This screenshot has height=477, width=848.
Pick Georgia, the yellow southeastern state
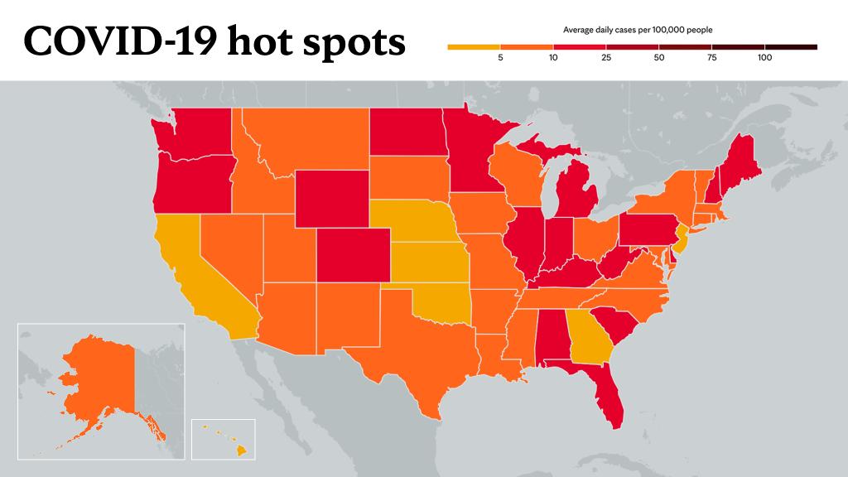[x=589, y=336]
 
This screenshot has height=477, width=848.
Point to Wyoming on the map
[x=332, y=199]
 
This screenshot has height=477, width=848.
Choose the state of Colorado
[x=353, y=255]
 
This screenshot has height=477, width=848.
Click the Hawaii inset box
[x=224, y=439]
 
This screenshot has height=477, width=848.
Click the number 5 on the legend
[x=500, y=57]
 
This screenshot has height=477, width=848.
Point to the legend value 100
[x=764, y=57]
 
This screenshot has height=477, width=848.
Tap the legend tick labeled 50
[x=658, y=57]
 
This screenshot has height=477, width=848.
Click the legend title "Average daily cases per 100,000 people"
[x=638, y=30]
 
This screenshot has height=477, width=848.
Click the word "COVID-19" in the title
[x=120, y=41]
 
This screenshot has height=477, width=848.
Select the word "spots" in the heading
[x=354, y=43]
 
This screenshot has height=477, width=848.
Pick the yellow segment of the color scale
[x=474, y=47]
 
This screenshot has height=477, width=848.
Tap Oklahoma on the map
[x=439, y=304]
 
